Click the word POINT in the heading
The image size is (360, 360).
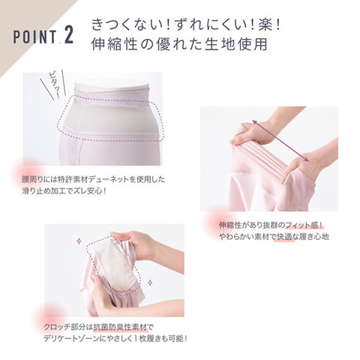pyautogui.click(x=34, y=37)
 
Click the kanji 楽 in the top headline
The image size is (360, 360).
pyautogui.click(x=265, y=25)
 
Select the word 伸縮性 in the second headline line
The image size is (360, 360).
pyautogui.click(x=114, y=44)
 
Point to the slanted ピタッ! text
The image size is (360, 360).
pyautogui.click(x=54, y=85)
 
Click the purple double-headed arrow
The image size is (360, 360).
pyautogui.click(x=280, y=141)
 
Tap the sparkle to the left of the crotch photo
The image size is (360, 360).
pyautogui.click(x=79, y=241)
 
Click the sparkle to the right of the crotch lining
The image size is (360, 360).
pyautogui.click(x=150, y=283)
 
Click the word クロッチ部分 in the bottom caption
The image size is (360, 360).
pyautogui.click(x=64, y=327)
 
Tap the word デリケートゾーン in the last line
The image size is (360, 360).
pyautogui.click(x=71, y=339)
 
